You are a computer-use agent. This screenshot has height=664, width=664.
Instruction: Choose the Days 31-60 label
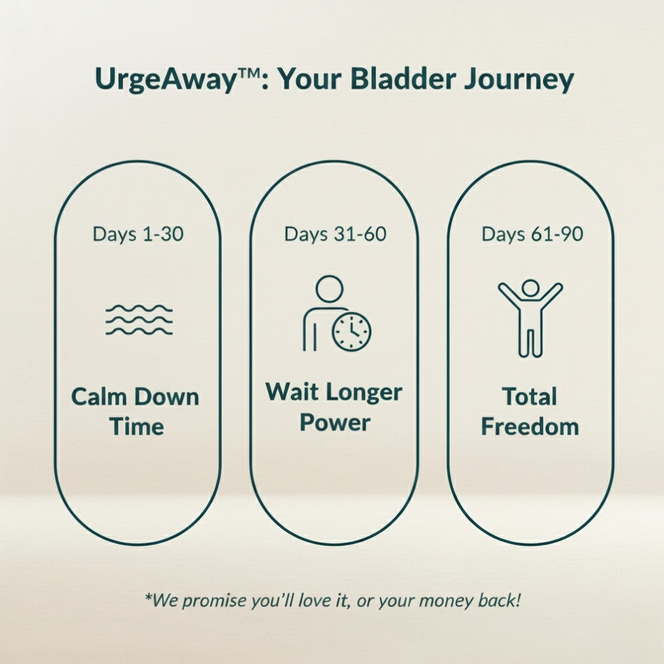pyautogui.click(x=335, y=234)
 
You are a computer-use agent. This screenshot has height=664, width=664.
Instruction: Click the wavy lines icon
pyautogui.click(x=139, y=319)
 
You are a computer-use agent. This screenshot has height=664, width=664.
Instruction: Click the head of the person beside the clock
pyautogui.click(x=329, y=290)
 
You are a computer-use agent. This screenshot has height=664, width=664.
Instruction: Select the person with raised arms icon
pyautogui.click(x=531, y=316)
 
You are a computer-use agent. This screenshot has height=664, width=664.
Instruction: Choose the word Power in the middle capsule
pyautogui.click(x=334, y=423)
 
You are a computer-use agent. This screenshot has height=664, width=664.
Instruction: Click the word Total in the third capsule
pyautogui.click(x=529, y=397)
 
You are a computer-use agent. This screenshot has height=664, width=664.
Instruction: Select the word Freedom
pyautogui.click(x=530, y=426)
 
